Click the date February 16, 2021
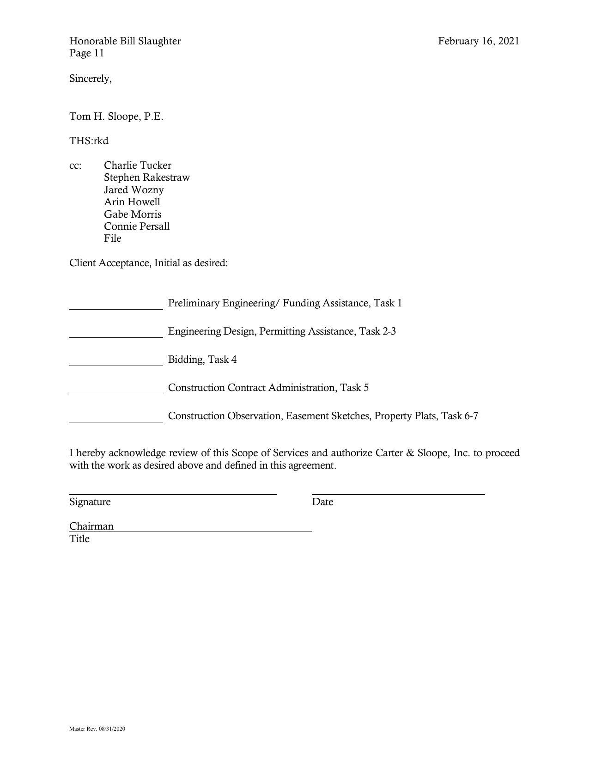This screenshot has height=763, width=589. click(479, 41)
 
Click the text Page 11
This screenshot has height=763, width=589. click(86, 53)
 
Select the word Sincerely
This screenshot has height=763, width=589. click(90, 79)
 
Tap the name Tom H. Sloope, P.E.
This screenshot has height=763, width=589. click(116, 116)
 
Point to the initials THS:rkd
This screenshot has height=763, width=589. click(89, 141)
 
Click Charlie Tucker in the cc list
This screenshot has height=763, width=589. click(137, 165)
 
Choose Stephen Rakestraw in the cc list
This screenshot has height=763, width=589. click(146, 177)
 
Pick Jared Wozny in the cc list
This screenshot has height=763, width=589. click(134, 190)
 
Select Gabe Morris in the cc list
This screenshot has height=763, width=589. click(133, 214)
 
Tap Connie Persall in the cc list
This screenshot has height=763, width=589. click(137, 226)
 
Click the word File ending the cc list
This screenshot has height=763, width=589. click(112, 238)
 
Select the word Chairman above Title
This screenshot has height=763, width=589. click(91, 526)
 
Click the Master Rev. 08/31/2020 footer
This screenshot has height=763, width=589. click(97, 729)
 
